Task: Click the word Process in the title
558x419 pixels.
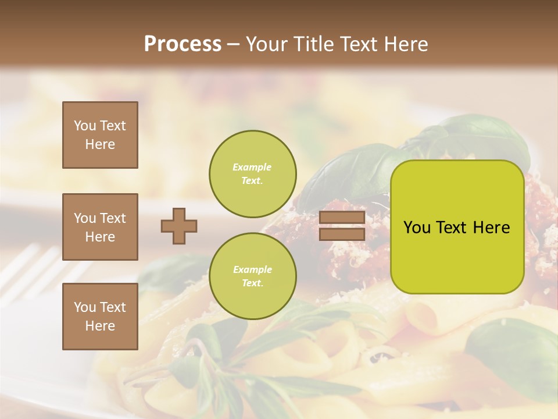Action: click(183, 44)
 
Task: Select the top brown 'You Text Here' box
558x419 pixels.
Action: click(100, 135)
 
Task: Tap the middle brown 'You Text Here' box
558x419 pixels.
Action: click(100, 227)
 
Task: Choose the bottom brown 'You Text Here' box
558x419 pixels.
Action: click(100, 317)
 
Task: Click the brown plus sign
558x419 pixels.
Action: click(179, 226)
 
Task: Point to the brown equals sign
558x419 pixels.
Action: click(342, 226)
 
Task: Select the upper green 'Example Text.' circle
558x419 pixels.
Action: click(253, 173)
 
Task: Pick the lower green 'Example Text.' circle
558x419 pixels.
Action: click(253, 276)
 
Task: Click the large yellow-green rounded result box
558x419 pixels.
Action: click(457, 227)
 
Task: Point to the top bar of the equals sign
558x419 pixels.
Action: click(342, 218)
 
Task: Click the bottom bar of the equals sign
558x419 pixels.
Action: click(342, 234)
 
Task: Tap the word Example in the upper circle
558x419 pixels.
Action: click(252, 167)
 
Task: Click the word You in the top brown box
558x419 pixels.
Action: click(85, 126)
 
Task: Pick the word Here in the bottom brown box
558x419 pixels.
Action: click(100, 326)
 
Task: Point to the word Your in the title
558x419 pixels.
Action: click(267, 44)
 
